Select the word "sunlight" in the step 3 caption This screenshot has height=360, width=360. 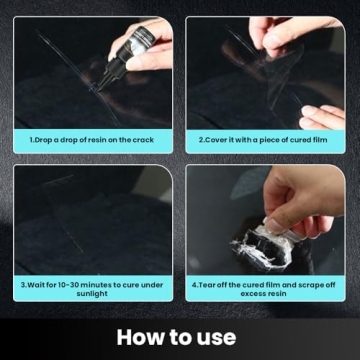click(x=92, y=296)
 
